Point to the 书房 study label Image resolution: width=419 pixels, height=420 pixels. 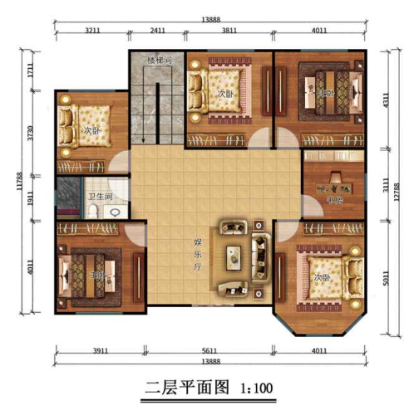335,199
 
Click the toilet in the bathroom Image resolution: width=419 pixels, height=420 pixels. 94,212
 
